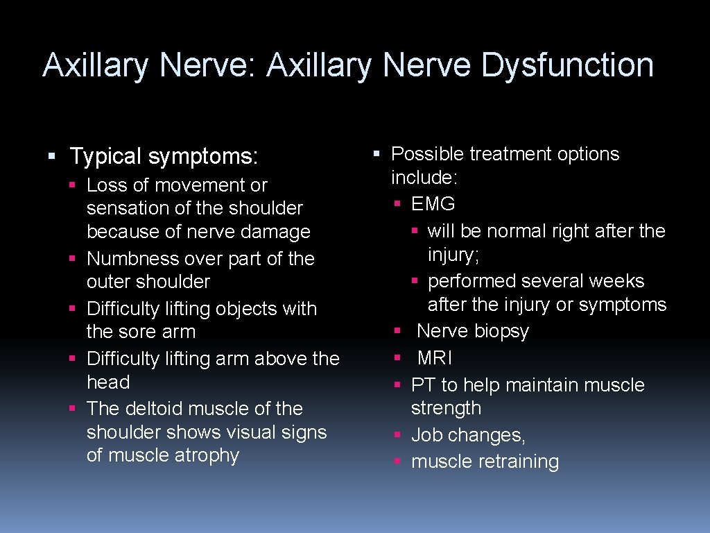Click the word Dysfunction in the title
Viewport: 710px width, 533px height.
[567, 65]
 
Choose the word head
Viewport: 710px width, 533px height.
[108, 382]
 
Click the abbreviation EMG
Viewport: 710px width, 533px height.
[433, 204]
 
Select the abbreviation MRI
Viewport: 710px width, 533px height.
[435, 358]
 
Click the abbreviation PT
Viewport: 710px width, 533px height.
[423, 385]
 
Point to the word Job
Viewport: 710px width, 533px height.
[427, 435]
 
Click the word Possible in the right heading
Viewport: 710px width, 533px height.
[427, 154]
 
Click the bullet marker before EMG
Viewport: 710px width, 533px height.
[397, 204]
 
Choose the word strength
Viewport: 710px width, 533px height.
[446, 409]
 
